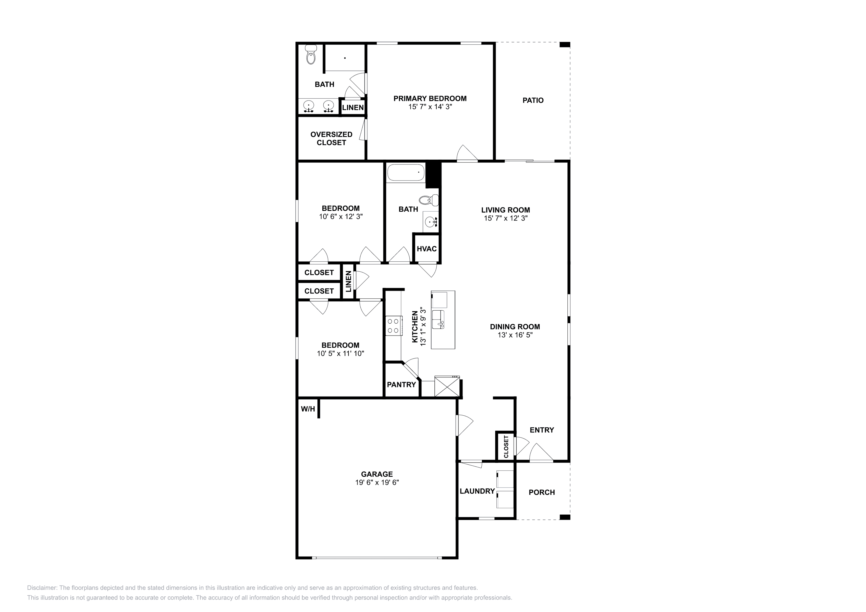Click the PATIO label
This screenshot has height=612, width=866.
click(533, 100)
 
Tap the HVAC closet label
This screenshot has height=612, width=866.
click(426, 249)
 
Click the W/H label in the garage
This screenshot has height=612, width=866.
click(308, 409)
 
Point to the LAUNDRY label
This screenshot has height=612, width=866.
click(477, 491)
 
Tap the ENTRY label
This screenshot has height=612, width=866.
click(542, 430)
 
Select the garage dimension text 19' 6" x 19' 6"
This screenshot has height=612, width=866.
click(377, 482)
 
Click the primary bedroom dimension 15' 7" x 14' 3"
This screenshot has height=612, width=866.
click(430, 107)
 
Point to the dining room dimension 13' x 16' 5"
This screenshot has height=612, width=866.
click(515, 335)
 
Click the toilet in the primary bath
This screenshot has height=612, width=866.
click(311, 54)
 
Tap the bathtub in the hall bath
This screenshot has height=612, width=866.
click(406, 173)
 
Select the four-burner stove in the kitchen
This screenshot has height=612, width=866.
click(393, 326)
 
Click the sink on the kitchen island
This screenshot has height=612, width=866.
click(438, 319)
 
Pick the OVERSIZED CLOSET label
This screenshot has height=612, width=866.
click(331, 138)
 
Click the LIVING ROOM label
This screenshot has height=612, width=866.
click(505, 210)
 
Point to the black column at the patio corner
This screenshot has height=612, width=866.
click(565, 44)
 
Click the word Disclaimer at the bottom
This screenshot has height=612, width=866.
click(42, 588)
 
